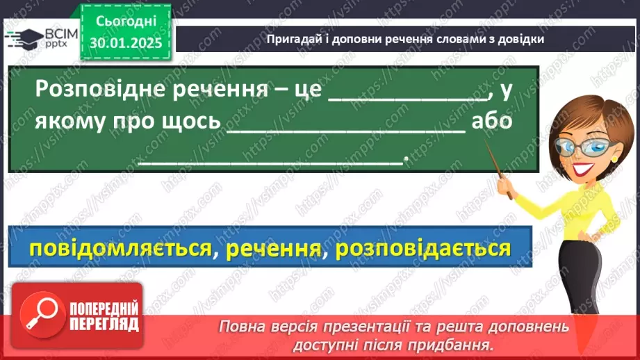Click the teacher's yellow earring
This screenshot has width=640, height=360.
[614, 158]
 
